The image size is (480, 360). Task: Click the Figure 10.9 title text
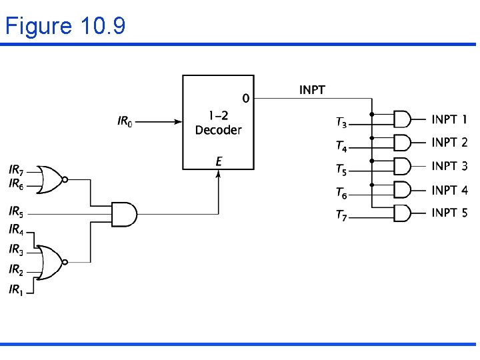click(65, 26)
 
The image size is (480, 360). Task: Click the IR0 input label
click(125, 122)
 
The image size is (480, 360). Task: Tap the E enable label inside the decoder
click(219, 161)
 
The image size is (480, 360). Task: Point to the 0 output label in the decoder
click(245, 99)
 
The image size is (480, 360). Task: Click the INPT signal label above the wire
click(312, 89)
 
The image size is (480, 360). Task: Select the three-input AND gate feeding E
click(124, 214)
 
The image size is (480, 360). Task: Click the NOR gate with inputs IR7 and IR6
click(50, 179)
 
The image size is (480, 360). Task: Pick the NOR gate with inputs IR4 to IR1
click(50, 259)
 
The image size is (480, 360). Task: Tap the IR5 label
click(16, 213)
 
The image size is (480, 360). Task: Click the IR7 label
click(16, 171)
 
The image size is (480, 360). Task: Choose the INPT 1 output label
click(449, 120)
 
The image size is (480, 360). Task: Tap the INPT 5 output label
click(449, 213)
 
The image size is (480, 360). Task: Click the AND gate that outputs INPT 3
click(402, 166)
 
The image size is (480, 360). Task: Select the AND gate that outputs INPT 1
click(402, 119)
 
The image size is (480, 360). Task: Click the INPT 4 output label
click(449, 190)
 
